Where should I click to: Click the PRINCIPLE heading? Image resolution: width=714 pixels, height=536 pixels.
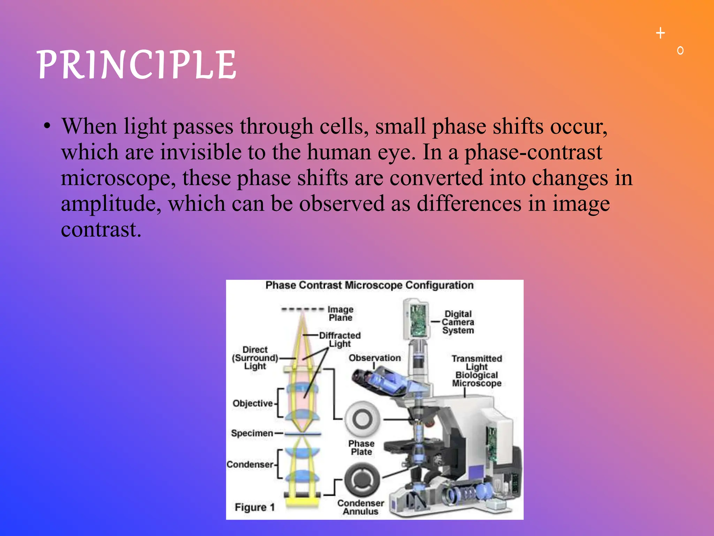click(137, 65)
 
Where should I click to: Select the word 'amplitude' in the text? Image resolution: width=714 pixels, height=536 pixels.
click(109, 204)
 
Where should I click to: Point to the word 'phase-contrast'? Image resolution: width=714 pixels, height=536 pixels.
click(533, 152)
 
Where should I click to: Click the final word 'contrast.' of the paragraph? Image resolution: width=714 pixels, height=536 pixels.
click(101, 230)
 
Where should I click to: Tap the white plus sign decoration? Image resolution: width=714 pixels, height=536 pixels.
click(660, 33)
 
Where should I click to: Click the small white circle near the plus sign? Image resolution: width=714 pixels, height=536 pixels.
click(680, 51)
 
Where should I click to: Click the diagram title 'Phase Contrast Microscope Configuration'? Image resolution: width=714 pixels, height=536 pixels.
click(369, 285)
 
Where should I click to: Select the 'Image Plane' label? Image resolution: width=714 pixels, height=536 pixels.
click(341, 313)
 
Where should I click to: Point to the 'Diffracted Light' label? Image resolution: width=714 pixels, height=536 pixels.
click(340, 339)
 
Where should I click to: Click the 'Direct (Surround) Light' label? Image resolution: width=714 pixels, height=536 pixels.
click(255, 358)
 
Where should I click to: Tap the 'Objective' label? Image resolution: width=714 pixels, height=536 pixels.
click(253, 403)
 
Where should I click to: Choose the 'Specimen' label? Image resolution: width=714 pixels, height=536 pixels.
click(252, 433)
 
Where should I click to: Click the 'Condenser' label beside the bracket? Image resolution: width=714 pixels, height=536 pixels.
click(250, 464)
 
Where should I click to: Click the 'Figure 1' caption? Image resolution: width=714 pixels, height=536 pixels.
click(255, 507)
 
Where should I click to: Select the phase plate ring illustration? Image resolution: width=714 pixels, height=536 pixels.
click(362, 419)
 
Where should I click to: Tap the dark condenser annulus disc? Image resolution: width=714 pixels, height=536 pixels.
click(362, 479)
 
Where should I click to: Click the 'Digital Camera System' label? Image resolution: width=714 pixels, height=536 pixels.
click(458, 322)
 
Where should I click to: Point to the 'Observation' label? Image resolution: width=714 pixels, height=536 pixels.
click(375, 358)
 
